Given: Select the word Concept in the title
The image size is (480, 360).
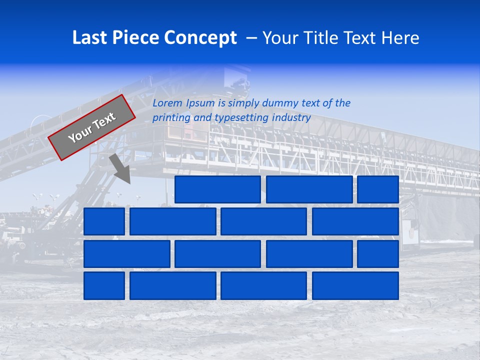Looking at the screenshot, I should [201, 38].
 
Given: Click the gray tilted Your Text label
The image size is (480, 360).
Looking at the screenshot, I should [91, 127].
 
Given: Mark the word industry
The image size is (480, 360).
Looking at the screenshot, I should [291, 118].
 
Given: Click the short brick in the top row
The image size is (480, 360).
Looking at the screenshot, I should [378, 189].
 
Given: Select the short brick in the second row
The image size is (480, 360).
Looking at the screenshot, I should [104, 221].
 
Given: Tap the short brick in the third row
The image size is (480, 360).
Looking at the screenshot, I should [378, 254].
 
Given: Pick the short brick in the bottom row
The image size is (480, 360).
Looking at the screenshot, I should [104, 286].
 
